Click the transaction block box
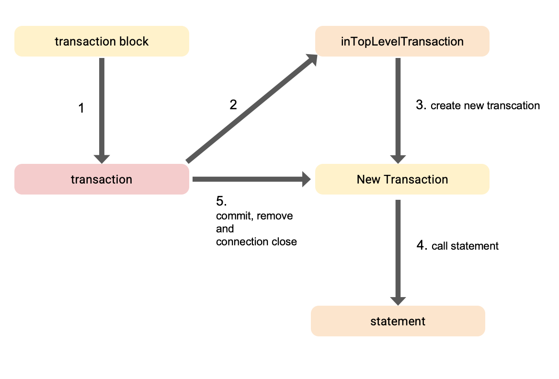click(x=102, y=42)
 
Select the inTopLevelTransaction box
click(x=402, y=42)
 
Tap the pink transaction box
click(x=102, y=180)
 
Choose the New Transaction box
click(x=402, y=180)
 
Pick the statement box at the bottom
click(x=398, y=321)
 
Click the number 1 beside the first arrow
click(x=81, y=109)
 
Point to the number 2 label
click(x=233, y=105)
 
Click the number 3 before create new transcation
click(x=421, y=105)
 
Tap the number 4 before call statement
click(x=421, y=245)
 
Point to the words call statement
click(x=465, y=246)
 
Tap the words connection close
click(x=256, y=242)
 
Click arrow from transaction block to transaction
click(x=102, y=108)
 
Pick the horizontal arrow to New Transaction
click(x=249, y=180)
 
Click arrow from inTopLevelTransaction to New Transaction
click(x=398, y=108)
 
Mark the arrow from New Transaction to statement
click(x=398, y=249)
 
